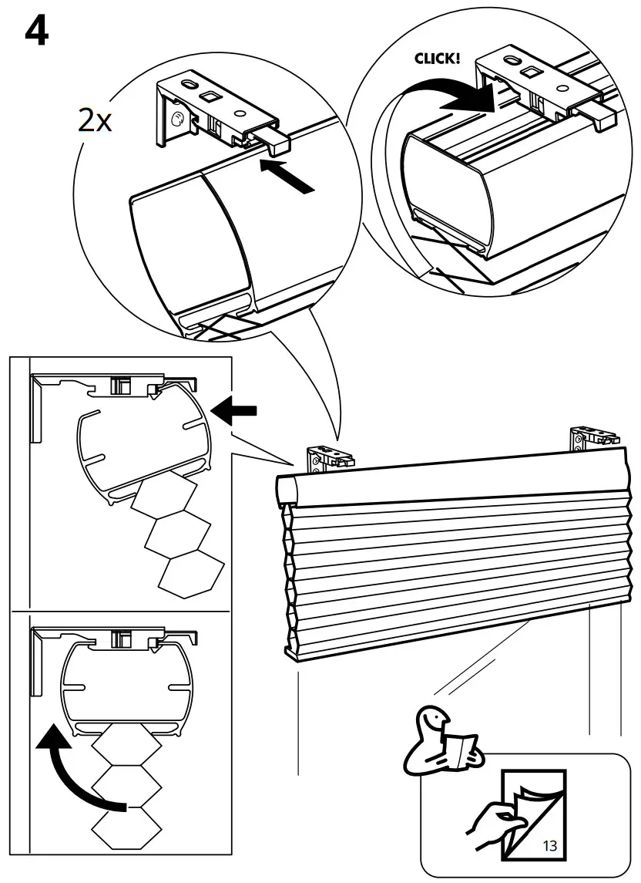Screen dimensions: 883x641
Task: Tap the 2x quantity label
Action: [x=94, y=120]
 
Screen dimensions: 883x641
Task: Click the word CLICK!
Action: [x=437, y=58]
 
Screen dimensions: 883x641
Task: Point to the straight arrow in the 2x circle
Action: [x=289, y=175]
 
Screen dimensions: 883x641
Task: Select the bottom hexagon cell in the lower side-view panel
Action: [x=126, y=830]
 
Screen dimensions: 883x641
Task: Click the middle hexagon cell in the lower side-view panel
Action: [x=126, y=786]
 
